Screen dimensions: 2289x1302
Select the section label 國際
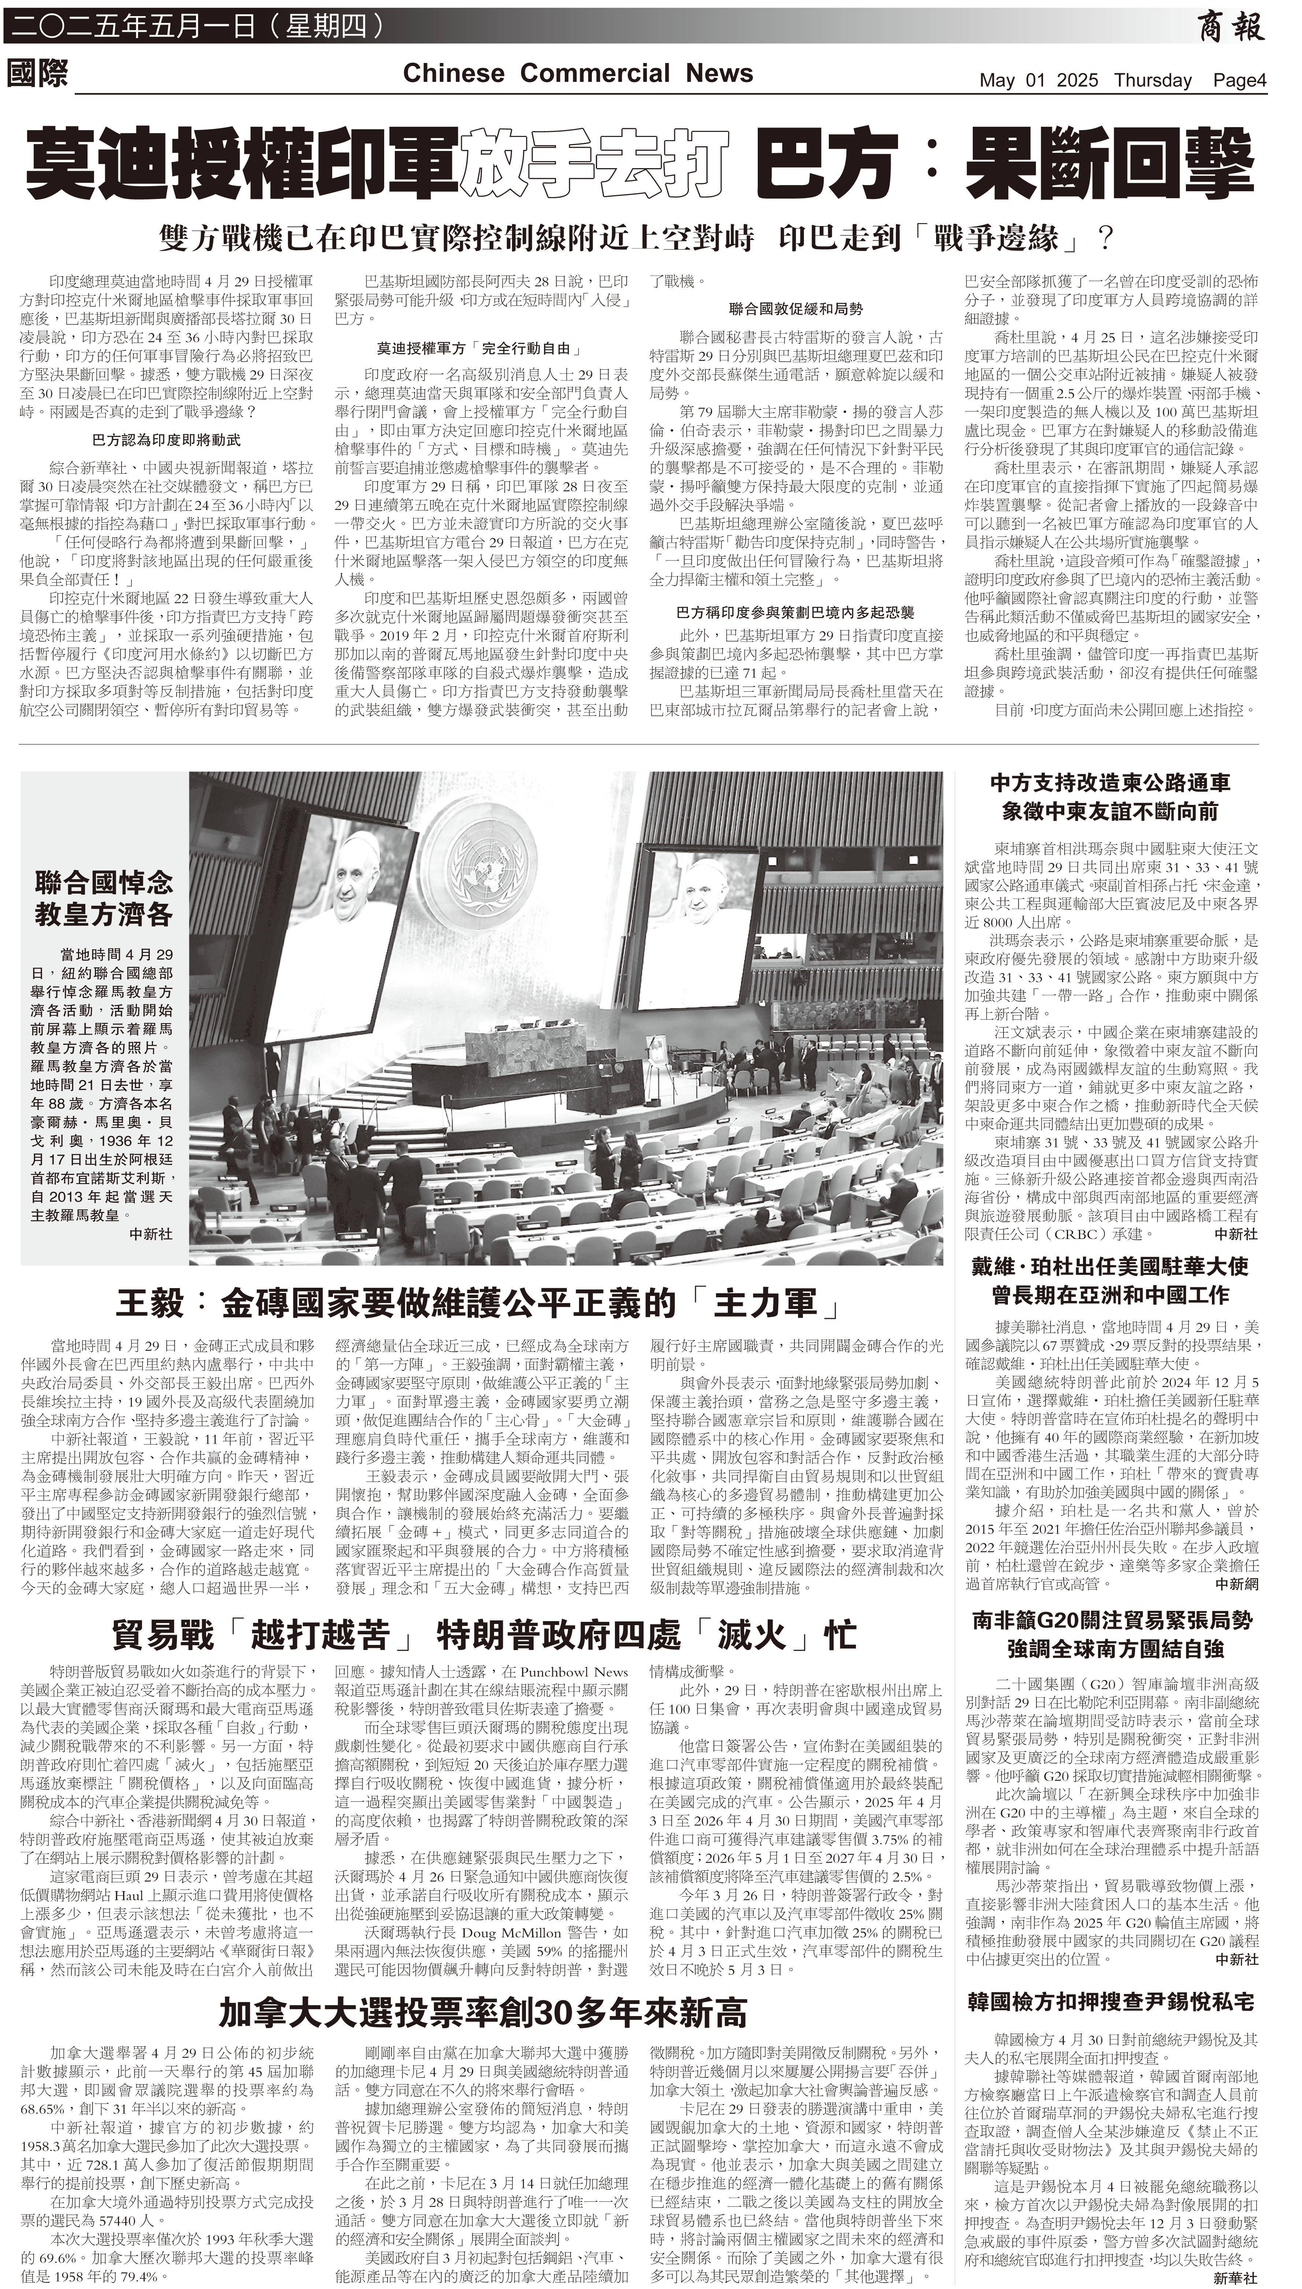pyautogui.click(x=38, y=73)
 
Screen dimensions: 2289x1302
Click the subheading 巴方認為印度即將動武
pyautogui.click(x=166, y=440)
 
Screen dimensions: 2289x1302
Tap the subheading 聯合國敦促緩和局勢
pyautogui.click(x=796, y=308)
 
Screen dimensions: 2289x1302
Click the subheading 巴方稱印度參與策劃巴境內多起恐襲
pyautogui.click(x=796, y=613)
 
